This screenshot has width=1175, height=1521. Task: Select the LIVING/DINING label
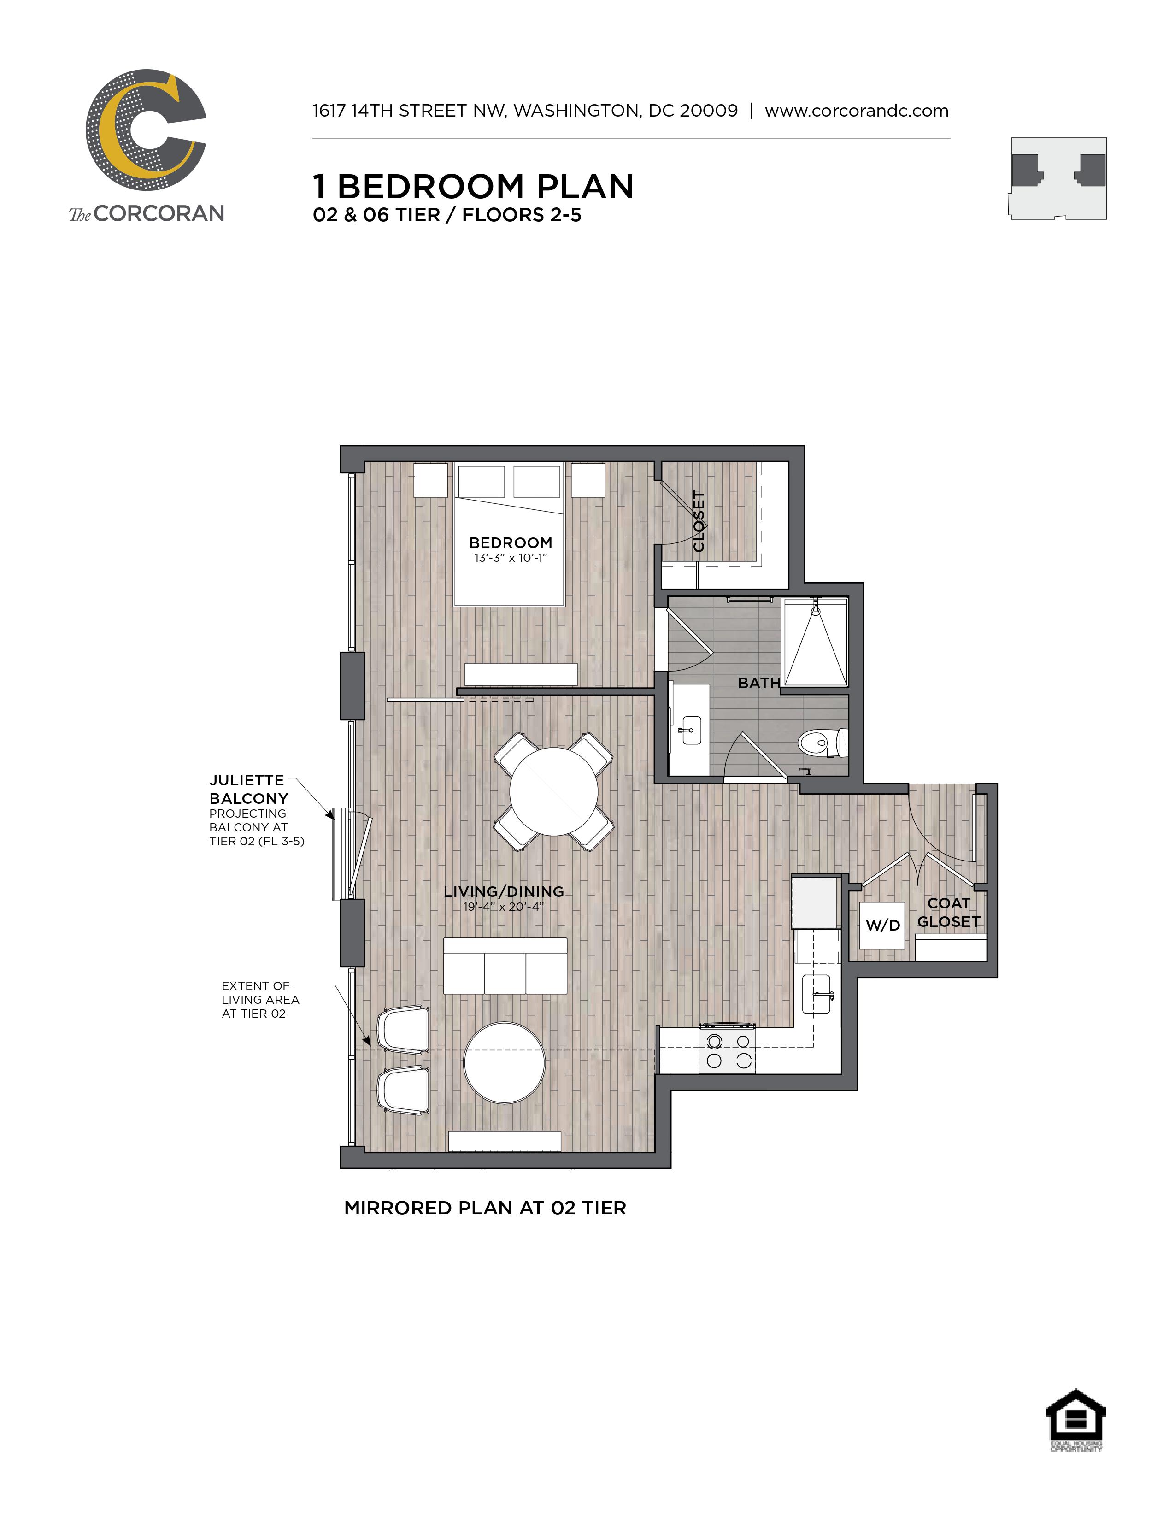(504, 891)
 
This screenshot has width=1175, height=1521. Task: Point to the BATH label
(759, 683)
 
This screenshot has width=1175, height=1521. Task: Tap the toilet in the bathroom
(822, 743)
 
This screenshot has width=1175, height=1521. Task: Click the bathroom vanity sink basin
(691, 731)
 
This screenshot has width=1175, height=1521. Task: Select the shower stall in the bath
(816, 642)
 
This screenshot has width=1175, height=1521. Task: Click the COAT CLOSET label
(949, 912)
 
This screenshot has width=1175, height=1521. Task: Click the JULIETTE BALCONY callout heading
(248, 789)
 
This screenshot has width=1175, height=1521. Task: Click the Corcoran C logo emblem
(146, 129)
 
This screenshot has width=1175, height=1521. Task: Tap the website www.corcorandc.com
(857, 111)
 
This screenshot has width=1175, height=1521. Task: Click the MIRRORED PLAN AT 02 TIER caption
(485, 1209)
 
